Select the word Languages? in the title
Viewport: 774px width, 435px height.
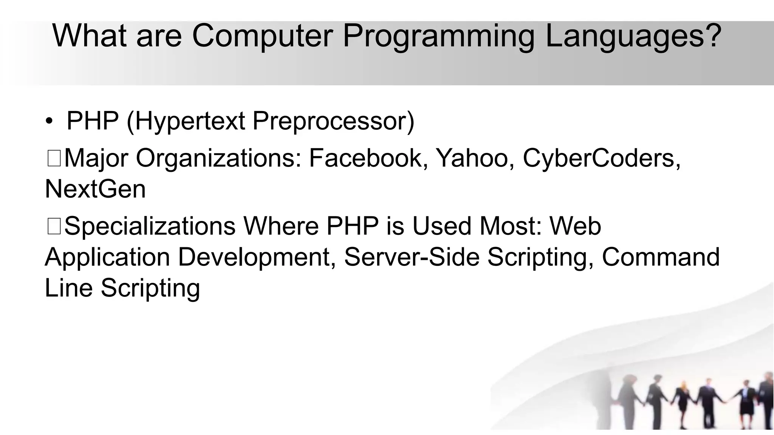633,37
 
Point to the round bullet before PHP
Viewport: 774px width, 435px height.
49,122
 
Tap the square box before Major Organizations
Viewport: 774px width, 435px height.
54,158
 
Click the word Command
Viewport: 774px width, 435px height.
660,257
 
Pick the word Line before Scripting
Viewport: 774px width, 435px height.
68,288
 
